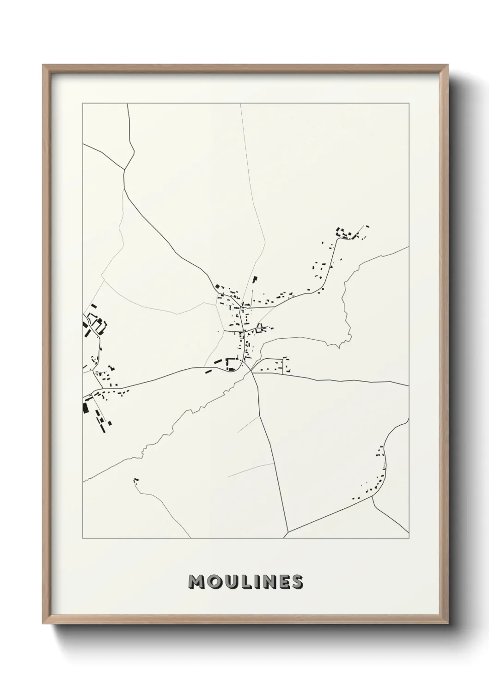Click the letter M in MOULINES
197,582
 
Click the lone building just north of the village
254,279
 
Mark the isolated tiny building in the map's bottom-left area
135,481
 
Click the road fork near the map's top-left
125,169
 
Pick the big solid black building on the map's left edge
85,407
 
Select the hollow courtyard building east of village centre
260,328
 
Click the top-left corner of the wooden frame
43,65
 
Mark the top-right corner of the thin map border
409,104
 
